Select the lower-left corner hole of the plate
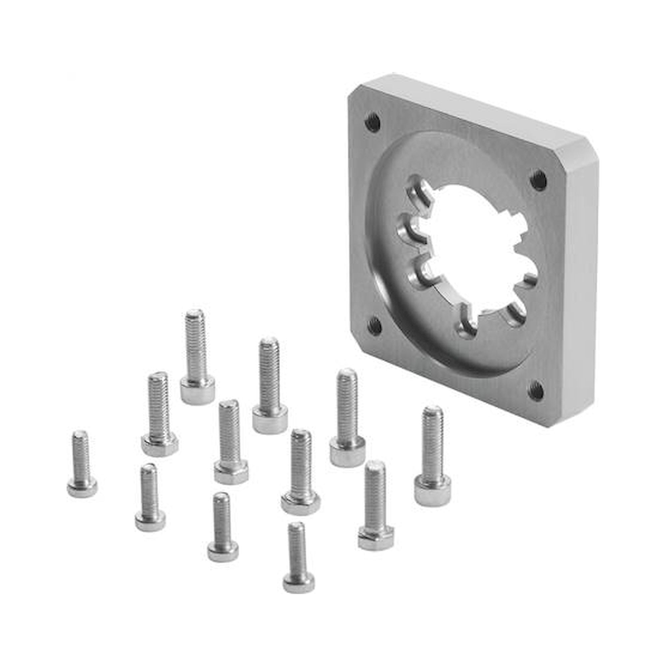click(374, 326)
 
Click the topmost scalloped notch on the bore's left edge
click(419, 193)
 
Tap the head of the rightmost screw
click(432, 494)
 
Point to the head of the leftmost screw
click(82, 488)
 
